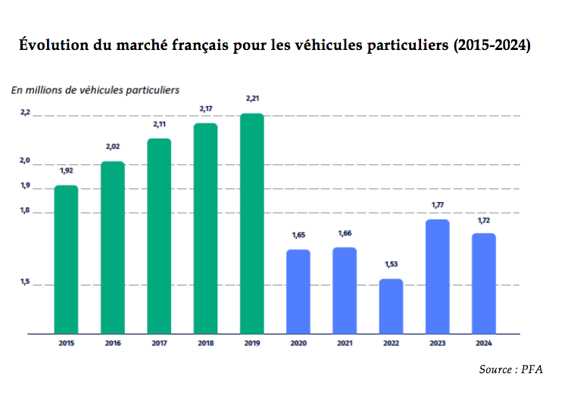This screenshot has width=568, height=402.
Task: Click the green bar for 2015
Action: (x=66, y=259)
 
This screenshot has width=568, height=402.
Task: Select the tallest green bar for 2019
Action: (x=251, y=223)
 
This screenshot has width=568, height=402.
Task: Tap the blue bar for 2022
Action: (x=391, y=306)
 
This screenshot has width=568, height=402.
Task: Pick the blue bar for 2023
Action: (x=437, y=276)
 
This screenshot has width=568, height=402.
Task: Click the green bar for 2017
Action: (x=159, y=235)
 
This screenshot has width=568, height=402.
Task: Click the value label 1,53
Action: (x=391, y=264)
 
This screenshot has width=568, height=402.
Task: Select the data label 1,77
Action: (x=437, y=205)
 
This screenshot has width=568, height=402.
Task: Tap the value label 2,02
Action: (x=112, y=146)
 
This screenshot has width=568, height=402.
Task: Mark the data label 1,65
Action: (x=298, y=235)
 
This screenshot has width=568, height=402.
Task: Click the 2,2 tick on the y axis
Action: (x=25, y=113)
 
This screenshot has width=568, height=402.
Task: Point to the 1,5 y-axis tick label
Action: (x=25, y=282)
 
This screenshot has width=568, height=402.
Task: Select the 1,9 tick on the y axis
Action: (x=25, y=186)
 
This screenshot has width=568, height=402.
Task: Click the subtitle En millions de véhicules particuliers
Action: (x=95, y=89)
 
